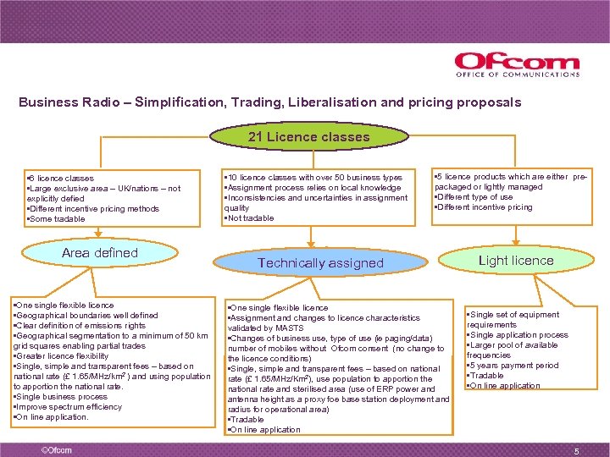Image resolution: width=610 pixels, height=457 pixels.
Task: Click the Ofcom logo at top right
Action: click(x=517, y=64)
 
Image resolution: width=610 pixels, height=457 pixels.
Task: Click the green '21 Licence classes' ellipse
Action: click(x=308, y=136)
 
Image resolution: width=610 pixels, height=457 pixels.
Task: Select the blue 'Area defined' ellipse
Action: click(x=99, y=253)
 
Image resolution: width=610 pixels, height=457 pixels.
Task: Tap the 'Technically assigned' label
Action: click(x=320, y=263)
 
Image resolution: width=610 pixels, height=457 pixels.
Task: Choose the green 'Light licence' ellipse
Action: click(x=515, y=261)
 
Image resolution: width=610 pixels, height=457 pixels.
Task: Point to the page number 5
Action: click(x=576, y=451)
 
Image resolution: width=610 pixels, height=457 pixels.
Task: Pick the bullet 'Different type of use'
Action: click(x=474, y=197)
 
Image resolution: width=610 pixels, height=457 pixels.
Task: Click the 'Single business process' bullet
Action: click(x=63, y=397)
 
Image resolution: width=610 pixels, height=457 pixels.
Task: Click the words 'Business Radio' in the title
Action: click(x=60, y=102)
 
